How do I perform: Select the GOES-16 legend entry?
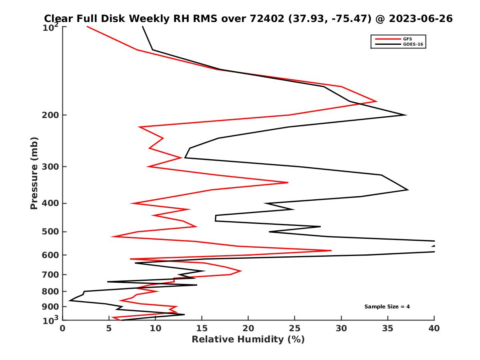tap(413, 44)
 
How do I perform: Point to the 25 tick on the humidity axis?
tap(295, 328)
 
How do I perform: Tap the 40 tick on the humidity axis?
tap(434, 328)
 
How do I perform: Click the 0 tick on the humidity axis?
tap(63, 328)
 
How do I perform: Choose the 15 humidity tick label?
tap(202, 328)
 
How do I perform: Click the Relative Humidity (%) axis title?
tap(248, 340)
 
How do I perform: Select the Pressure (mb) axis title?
tap(34, 173)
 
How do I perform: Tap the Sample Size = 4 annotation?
tap(387, 307)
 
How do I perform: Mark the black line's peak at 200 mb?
tap(406, 115)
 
